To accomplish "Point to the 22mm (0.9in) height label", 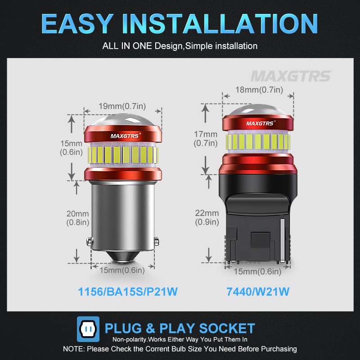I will click(x=207, y=217).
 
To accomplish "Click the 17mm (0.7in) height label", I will click(x=206, y=139).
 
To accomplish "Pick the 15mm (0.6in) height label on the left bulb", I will click(x=72, y=148).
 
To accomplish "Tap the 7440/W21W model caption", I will click(x=257, y=292).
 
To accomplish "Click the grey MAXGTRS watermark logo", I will click(x=290, y=76).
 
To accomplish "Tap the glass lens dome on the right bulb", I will click(x=259, y=108).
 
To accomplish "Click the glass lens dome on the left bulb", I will click(x=122, y=120).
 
